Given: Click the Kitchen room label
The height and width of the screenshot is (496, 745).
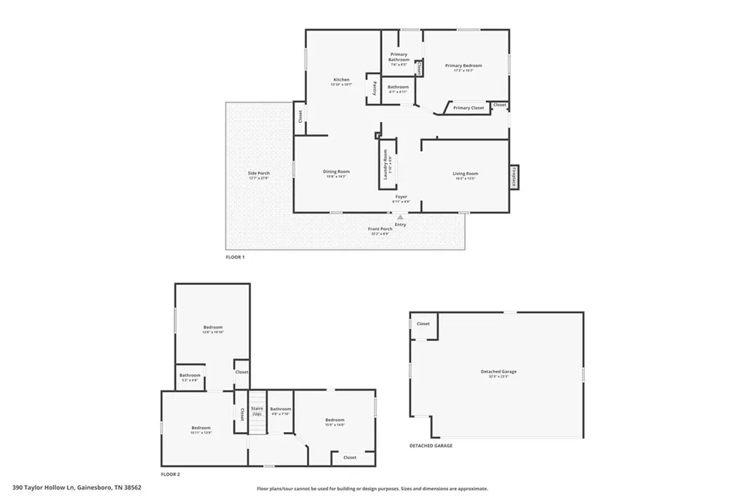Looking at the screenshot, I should (x=341, y=80).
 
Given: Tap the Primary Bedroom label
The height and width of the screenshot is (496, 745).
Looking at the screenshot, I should (x=463, y=66).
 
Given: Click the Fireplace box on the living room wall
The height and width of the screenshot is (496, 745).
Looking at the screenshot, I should (x=514, y=177).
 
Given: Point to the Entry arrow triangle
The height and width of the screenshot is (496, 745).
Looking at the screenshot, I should (x=399, y=217).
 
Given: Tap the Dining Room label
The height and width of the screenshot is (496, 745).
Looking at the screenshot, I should (x=336, y=172).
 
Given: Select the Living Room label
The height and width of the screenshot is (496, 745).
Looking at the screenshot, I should (x=465, y=174).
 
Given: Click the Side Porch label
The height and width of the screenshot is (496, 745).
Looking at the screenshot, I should (x=259, y=174).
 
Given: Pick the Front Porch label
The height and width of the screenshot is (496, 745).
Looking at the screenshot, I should (x=379, y=230).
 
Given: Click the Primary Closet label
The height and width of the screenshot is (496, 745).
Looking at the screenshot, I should (x=468, y=108).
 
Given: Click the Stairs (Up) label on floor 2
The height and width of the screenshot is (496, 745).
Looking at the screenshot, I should (x=256, y=411).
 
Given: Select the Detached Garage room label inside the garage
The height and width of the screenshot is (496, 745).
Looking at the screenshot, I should (x=498, y=372).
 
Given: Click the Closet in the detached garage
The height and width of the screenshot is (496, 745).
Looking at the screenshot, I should (x=423, y=324).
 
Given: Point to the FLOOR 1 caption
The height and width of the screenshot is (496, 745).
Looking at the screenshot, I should (x=235, y=257).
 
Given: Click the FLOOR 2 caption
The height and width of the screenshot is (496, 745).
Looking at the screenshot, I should (x=170, y=474).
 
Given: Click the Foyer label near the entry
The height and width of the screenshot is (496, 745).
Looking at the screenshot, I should (x=401, y=197).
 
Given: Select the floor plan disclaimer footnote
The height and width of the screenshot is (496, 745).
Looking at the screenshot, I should (x=372, y=489).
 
